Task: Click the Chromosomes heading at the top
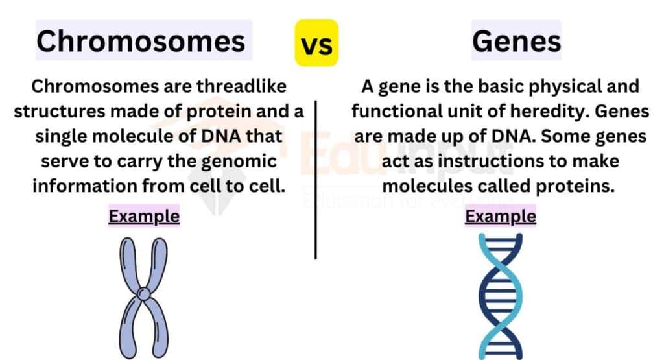tap(141, 42)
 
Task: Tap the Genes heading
tap(516, 42)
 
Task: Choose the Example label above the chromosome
tap(144, 216)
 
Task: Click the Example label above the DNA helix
tap(501, 216)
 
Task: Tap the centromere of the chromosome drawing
tap(144, 295)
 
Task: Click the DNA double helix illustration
tap(500, 295)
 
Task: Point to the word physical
tap(555, 86)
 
